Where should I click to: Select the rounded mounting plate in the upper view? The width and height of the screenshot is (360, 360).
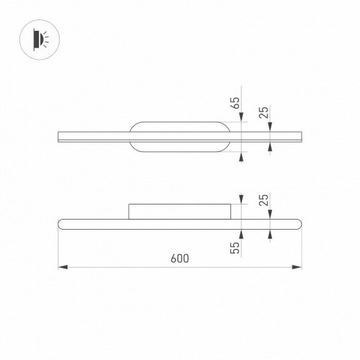[180, 137]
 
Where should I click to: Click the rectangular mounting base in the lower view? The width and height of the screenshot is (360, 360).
[180, 210]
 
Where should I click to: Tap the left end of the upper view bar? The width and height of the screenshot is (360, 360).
[58, 137]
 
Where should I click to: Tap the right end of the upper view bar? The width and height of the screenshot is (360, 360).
[301, 137]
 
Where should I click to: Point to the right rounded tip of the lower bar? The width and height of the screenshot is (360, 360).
[300, 222]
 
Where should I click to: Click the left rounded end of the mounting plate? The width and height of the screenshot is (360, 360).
[132, 137]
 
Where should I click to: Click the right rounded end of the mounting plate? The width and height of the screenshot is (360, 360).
[228, 137]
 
